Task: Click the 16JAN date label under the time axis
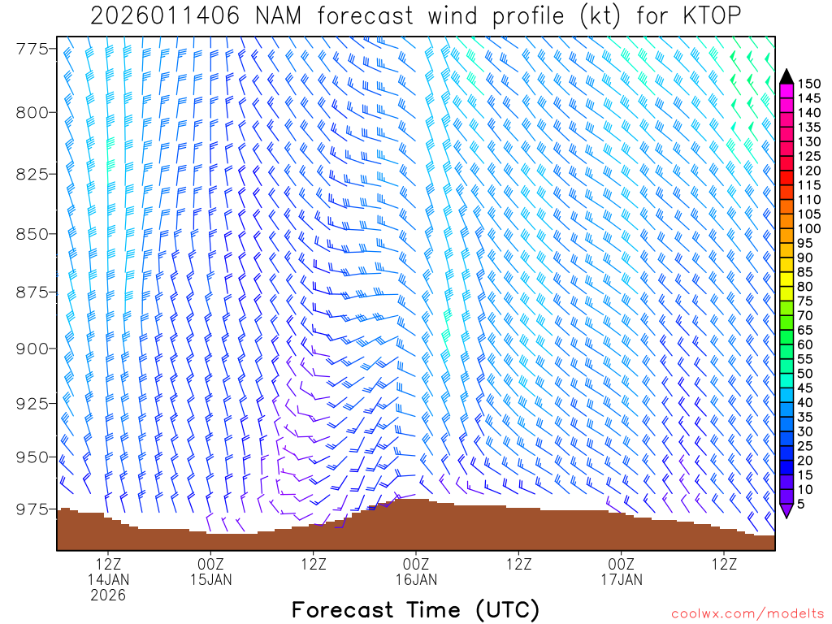pos(416,579)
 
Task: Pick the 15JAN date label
pos(210,579)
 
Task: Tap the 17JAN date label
pos(622,579)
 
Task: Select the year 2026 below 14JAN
pos(108,596)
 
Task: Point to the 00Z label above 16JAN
pos(416,564)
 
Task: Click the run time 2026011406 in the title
pos(165,16)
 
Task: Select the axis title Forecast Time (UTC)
pos(415,609)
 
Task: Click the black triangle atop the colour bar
pos(786,76)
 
